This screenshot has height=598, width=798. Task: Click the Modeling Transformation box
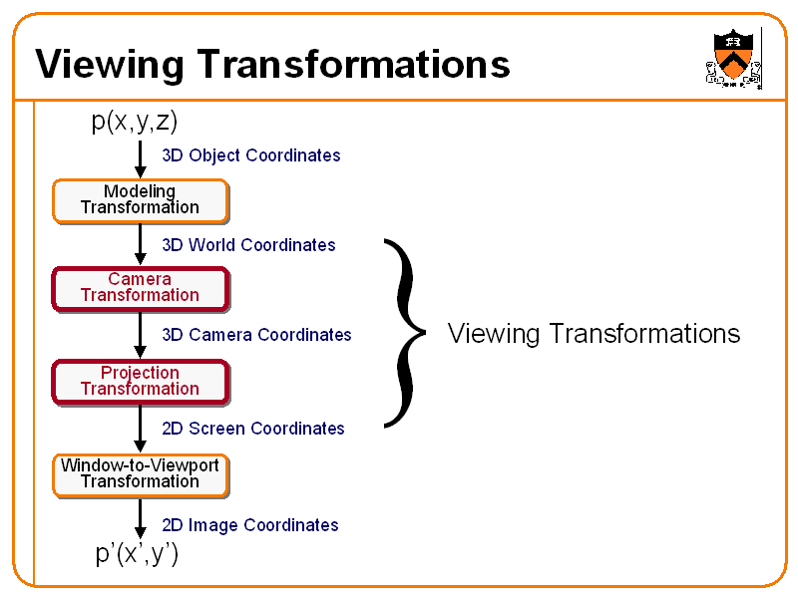(x=140, y=199)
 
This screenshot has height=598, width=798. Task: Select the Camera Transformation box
(x=140, y=287)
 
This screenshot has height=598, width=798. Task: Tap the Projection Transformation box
(x=140, y=381)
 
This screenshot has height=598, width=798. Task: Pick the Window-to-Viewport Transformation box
(x=140, y=473)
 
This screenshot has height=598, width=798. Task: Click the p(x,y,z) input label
(x=134, y=122)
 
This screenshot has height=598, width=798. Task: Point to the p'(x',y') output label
(x=137, y=554)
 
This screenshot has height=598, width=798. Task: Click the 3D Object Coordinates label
(x=250, y=155)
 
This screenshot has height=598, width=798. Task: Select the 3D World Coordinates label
(x=248, y=245)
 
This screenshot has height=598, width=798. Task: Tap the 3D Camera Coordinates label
(x=256, y=335)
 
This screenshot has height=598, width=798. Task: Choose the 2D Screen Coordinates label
(x=252, y=429)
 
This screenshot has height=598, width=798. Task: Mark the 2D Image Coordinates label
(x=249, y=525)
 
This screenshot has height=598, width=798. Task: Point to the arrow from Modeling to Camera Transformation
(x=141, y=244)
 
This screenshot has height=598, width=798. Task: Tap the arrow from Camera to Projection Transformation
(x=141, y=336)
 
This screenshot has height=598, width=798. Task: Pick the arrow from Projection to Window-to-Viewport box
(x=141, y=429)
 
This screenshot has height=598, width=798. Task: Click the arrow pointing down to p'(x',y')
(x=141, y=519)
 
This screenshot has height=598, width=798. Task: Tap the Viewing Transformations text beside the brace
(x=594, y=333)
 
